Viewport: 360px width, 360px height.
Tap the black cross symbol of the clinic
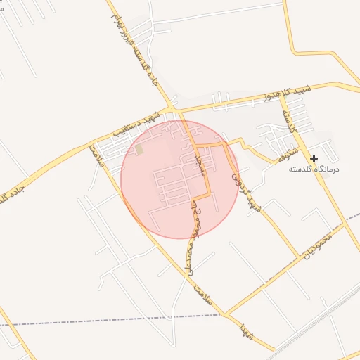(x=314, y=159)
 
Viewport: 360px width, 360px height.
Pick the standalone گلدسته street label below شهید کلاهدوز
(x=290, y=122)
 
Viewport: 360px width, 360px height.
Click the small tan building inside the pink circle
(x=139, y=149)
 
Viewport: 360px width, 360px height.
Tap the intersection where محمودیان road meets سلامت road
(x=226, y=313)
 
